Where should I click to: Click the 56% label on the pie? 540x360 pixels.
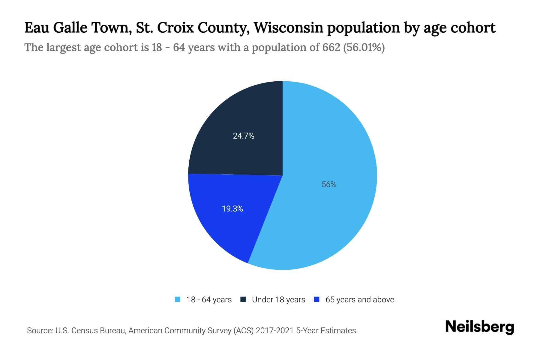[329, 184]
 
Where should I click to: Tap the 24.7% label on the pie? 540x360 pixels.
[244, 136]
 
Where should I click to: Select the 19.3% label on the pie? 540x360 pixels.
[232, 209]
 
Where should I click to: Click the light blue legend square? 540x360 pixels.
[178, 299]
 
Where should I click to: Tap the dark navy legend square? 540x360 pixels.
[243, 299]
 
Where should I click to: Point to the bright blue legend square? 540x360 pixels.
[316, 299]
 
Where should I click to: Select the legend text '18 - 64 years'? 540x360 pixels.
[209, 300]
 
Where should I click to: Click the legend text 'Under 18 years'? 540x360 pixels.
[278, 300]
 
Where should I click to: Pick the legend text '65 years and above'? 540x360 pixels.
[360, 300]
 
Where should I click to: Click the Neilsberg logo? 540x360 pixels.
[479, 327]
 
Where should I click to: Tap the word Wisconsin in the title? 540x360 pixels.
[288, 28]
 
